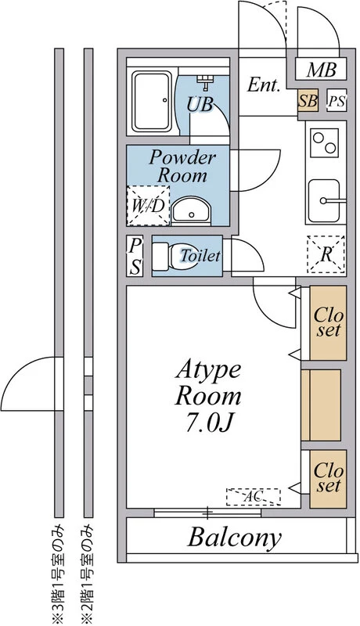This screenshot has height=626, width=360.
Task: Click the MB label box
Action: (321, 69)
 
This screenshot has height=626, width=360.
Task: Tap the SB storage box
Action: (308, 100)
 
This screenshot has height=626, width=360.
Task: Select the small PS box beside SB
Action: (336, 100)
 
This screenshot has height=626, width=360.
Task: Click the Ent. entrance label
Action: (263, 85)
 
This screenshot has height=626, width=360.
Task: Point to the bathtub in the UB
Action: (152, 102)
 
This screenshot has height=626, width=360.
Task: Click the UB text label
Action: (200, 105)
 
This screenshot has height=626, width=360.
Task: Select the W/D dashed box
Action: (148, 206)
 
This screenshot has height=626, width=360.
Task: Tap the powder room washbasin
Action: (191, 210)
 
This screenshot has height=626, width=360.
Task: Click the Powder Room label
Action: (182, 167)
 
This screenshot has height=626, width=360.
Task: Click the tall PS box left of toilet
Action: (136, 256)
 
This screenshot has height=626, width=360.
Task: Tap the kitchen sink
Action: (326, 200)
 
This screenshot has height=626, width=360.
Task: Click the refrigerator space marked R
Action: (326, 254)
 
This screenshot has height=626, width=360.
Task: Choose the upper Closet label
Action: (328, 322)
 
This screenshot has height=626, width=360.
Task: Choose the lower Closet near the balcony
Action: (328, 478)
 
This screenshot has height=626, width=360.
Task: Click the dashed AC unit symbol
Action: (254, 497)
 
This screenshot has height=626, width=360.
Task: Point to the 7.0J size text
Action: (208, 425)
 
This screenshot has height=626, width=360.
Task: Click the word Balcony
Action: (235, 538)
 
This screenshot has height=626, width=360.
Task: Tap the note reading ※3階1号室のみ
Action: (59, 574)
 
